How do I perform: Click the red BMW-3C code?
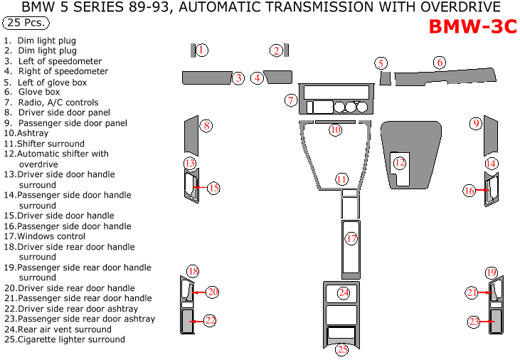472,27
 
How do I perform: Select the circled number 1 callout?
202,50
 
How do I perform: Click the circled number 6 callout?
440,63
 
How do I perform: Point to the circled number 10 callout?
335,130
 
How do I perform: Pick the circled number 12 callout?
400,163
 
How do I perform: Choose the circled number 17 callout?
351,238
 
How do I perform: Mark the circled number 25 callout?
342,349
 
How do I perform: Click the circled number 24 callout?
344,292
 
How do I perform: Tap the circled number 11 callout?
342,179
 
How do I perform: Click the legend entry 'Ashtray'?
27,133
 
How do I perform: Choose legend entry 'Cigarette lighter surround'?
65,339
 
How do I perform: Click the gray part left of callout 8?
191,136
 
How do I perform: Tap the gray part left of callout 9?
490,135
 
